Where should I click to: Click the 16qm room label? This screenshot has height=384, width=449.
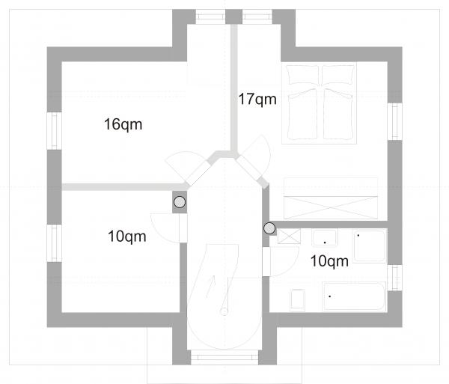click(123, 125)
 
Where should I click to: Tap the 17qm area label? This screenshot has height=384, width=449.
click(257, 100)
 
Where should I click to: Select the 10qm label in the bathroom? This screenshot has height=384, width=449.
click(329, 261)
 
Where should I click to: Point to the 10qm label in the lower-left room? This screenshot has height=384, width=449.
click(127, 237)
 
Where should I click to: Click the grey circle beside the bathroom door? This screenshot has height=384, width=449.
click(269, 228)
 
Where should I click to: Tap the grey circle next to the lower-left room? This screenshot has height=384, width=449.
click(180, 202)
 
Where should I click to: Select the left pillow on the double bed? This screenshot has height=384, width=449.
click(303, 75)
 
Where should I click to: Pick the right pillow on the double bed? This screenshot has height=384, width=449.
click(338, 75)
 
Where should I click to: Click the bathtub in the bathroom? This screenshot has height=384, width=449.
click(354, 296)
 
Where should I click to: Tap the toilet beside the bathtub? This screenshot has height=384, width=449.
click(298, 300)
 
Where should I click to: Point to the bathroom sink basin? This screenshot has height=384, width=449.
click(325, 238)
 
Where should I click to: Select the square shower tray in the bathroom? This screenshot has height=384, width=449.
click(370, 246)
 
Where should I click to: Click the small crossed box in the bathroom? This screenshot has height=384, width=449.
click(289, 237)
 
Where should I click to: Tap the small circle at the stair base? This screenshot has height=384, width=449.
click(224, 311)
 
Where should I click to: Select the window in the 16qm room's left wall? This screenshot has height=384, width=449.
click(55, 131)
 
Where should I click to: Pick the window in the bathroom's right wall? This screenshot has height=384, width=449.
click(395, 278)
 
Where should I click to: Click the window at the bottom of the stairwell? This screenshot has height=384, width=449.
click(224, 357)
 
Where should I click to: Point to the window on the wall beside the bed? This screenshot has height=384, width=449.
click(395, 121)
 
